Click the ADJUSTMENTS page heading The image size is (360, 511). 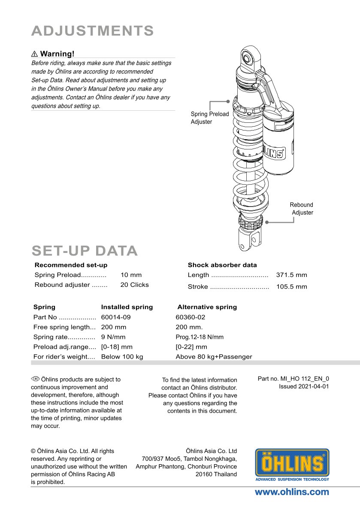[93, 31]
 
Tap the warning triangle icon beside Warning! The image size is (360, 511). [35, 54]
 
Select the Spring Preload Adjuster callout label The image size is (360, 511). [210, 118]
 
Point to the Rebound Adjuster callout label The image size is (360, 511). [302, 209]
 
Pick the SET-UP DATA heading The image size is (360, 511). [85, 251]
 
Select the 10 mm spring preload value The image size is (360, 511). [131, 275]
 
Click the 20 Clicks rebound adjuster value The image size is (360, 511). [134, 285]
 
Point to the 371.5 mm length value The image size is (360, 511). [291, 275]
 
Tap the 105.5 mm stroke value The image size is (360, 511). [291, 286]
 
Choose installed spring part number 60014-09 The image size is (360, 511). [116, 317]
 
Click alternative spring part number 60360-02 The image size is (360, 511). [191, 317]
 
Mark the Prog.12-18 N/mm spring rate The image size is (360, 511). [200, 337]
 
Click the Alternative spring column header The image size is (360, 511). [207, 307]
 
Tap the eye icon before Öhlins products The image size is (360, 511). [35, 379]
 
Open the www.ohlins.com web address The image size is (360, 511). [292, 492]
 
